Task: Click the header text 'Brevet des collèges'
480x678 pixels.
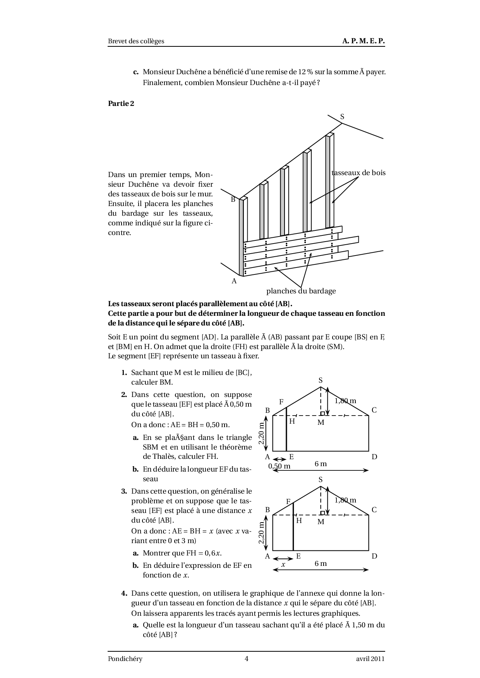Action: (x=136, y=41)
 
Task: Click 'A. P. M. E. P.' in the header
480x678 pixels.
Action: (x=363, y=41)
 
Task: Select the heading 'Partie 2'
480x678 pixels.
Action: (x=121, y=103)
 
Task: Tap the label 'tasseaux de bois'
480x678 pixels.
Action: (x=359, y=173)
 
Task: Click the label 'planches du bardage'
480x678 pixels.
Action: (x=301, y=291)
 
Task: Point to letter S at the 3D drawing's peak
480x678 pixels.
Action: (x=342, y=116)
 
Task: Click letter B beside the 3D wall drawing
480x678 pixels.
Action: (x=233, y=199)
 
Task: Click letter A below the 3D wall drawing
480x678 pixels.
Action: (x=234, y=281)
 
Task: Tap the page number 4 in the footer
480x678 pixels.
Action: (x=247, y=659)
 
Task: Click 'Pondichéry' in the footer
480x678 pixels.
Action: (x=125, y=659)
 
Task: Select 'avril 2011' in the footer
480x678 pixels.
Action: (x=370, y=659)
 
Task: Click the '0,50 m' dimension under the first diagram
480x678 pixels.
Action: (x=279, y=466)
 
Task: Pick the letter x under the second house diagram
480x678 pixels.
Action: (x=283, y=564)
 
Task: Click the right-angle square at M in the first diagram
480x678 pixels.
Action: (x=322, y=414)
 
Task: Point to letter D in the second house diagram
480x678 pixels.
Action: (x=374, y=556)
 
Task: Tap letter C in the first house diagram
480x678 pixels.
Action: (x=374, y=410)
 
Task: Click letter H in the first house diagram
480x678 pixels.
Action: (x=292, y=421)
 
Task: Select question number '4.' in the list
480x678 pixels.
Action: (x=124, y=593)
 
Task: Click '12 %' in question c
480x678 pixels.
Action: (x=305, y=72)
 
